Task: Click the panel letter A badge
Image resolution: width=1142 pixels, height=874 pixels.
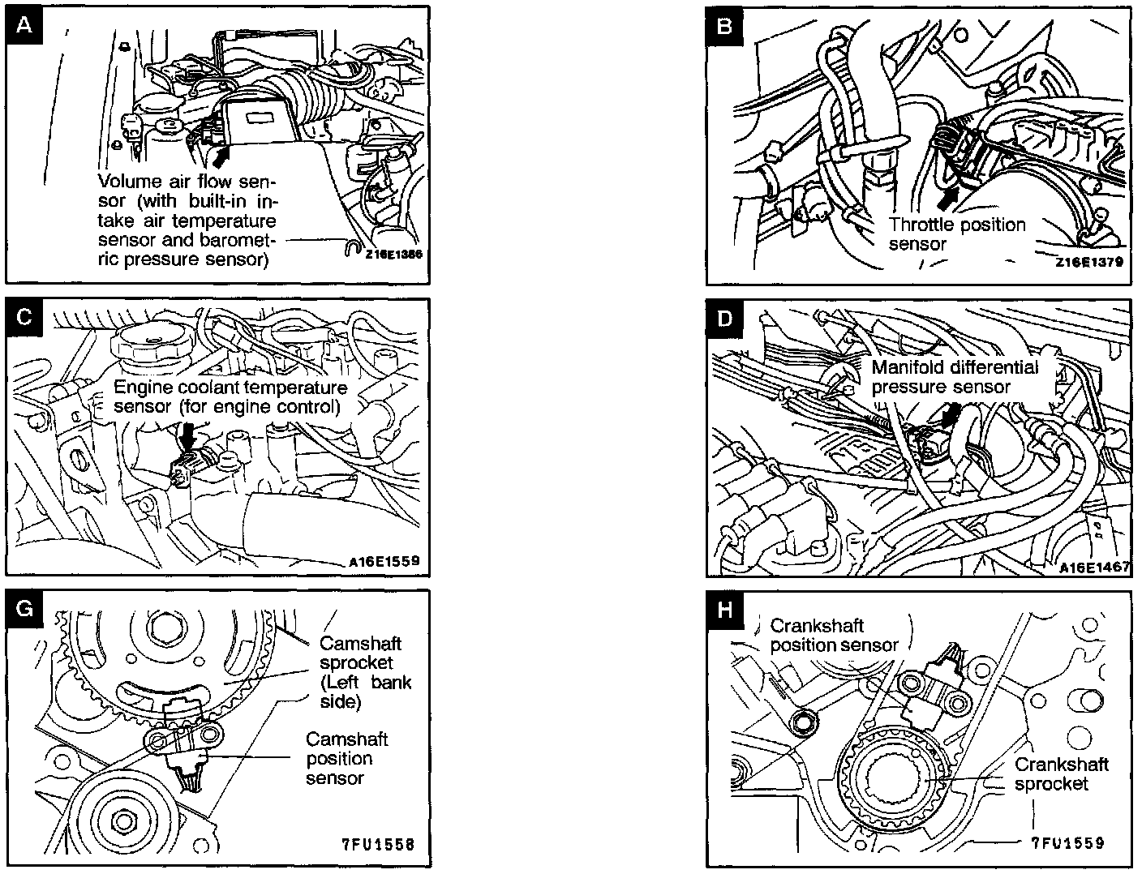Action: click(24, 25)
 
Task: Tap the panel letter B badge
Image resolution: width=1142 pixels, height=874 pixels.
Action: click(724, 25)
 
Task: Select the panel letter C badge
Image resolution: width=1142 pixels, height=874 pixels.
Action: click(24, 317)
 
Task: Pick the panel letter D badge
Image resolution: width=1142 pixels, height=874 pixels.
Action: click(724, 317)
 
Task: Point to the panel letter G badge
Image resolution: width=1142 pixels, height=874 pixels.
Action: click(24, 608)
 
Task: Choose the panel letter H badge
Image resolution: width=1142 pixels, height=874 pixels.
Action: click(724, 609)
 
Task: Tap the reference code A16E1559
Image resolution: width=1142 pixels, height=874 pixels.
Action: click(384, 560)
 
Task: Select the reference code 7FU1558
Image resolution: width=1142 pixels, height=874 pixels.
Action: click(377, 844)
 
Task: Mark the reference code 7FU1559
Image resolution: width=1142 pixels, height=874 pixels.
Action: click(1067, 843)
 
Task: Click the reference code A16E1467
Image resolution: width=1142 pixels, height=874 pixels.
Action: click(1094, 568)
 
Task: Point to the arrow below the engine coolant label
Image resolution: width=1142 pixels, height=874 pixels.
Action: click(188, 438)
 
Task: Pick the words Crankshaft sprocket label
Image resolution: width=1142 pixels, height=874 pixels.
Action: click(1061, 773)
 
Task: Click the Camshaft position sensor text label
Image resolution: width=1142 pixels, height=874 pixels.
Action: click(338, 758)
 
